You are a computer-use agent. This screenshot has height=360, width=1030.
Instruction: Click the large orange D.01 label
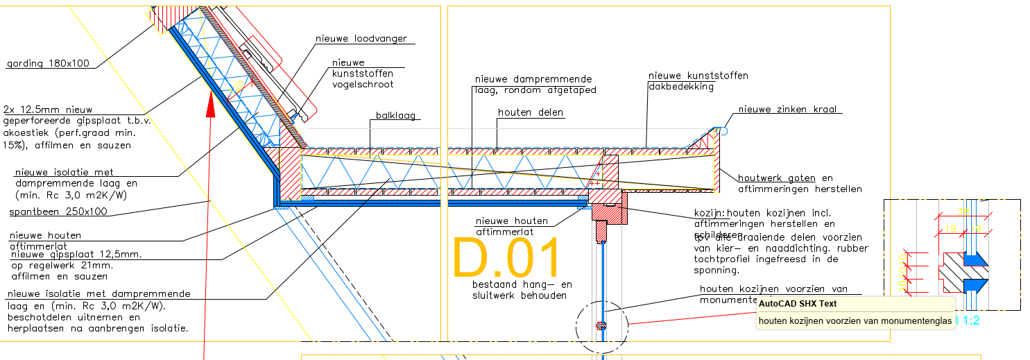[506, 259]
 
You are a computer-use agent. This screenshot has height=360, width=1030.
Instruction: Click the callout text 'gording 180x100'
[48, 64]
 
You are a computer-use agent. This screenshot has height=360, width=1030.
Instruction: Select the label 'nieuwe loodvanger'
[361, 39]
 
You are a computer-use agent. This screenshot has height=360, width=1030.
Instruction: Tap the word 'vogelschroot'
[362, 85]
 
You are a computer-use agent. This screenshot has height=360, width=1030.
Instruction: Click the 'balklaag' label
[395, 116]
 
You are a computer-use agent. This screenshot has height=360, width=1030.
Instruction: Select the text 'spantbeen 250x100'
[56, 212]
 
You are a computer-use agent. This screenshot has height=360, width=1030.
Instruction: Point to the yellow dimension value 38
[963, 212]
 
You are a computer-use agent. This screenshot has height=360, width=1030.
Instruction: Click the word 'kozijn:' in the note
[710, 213]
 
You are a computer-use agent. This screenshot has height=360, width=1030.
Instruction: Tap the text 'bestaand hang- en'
[522, 284]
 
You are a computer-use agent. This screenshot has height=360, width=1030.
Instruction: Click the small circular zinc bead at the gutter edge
[723, 130]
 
